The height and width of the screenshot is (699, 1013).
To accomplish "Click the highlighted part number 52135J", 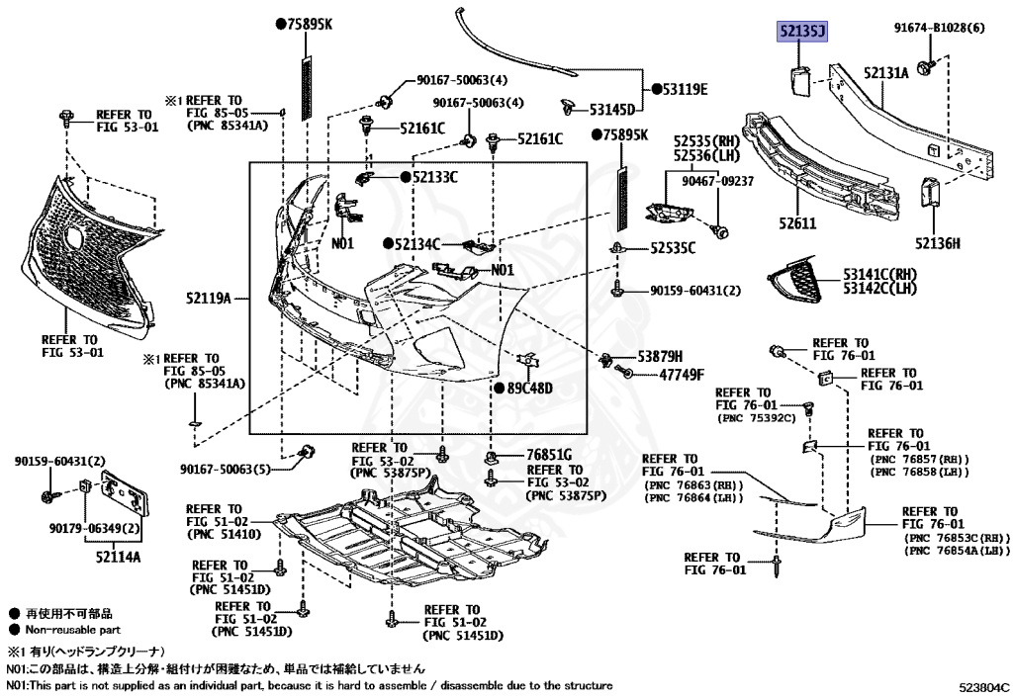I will (x=801, y=33).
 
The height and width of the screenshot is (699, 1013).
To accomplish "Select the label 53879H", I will (x=660, y=355).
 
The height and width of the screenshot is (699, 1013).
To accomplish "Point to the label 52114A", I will (x=118, y=557).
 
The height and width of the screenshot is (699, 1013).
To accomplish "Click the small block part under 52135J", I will (x=801, y=78).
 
